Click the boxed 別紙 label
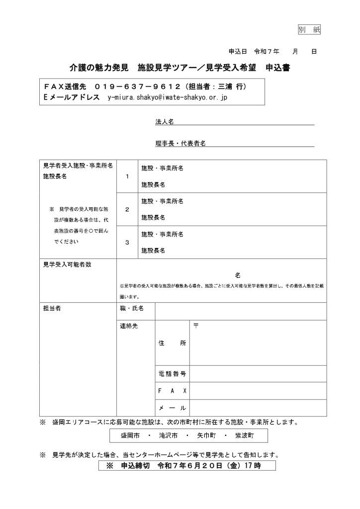tap(309, 29)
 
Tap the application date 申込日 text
tap(238, 51)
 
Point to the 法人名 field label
tap(164, 122)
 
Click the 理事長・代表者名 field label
tap(180, 143)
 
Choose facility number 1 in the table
tap(127, 176)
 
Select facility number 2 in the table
tap(127, 209)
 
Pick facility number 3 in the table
tap(127, 242)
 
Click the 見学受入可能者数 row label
tap(68, 265)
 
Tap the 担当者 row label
tap(52, 309)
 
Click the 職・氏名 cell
tap(132, 309)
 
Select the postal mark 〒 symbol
tap(196, 326)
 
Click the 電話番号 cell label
tap(172, 373)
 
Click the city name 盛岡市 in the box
tap(131, 435)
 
